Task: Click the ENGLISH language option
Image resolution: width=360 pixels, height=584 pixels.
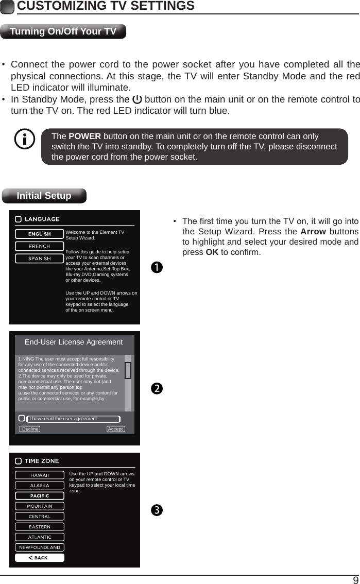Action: click(x=39, y=234)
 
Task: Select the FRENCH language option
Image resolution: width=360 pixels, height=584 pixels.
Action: click(x=39, y=246)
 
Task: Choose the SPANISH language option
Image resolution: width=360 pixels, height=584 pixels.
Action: click(x=39, y=259)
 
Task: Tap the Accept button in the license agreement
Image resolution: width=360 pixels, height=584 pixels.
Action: click(x=116, y=429)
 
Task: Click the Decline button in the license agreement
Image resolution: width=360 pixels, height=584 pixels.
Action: click(x=30, y=429)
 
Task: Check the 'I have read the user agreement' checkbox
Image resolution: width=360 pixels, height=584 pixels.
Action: click(x=22, y=419)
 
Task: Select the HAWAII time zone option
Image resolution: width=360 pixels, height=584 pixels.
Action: click(x=40, y=475)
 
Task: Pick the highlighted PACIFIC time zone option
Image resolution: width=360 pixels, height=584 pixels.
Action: click(x=40, y=495)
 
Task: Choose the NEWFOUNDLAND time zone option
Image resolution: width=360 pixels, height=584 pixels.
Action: click(x=40, y=547)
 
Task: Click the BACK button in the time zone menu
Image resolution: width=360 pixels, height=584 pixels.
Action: click(x=40, y=558)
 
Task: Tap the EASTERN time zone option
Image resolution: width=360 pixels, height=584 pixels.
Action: click(x=40, y=527)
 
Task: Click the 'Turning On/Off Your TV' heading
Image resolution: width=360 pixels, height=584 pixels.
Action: click(x=63, y=31)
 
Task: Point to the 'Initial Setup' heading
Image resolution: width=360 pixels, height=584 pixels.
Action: click(x=44, y=196)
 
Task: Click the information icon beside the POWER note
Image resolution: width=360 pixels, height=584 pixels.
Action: click(x=25, y=140)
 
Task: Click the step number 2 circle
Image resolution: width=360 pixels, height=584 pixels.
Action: click(x=157, y=388)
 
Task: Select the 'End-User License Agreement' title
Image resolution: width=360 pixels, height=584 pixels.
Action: click(x=74, y=342)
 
